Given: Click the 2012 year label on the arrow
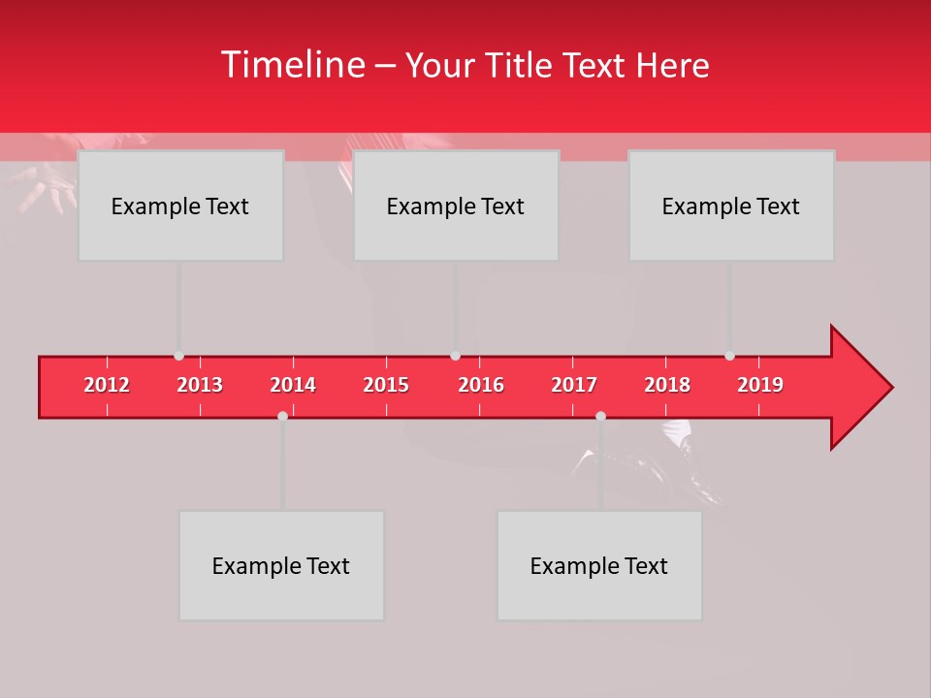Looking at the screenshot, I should [x=107, y=385].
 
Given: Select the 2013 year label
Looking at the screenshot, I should [x=200, y=385].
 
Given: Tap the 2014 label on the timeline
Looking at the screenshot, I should [x=293, y=385].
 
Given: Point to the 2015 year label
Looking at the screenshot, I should [x=386, y=385].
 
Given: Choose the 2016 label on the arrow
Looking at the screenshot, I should [x=481, y=385].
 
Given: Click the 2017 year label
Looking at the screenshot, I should [x=574, y=385].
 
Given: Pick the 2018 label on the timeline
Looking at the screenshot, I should [x=667, y=385].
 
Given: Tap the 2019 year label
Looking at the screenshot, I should [x=760, y=385].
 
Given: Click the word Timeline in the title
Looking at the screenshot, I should [x=291, y=65].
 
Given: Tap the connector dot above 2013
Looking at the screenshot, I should [x=178, y=356].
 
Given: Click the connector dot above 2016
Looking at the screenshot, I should [x=455, y=356].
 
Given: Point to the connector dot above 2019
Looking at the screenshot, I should [x=729, y=356].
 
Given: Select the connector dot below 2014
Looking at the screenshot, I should [x=282, y=416].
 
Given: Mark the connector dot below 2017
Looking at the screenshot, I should [x=600, y=416].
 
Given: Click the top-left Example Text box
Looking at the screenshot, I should [x=180, y=206].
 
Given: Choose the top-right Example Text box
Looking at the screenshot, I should [x=731, y=206].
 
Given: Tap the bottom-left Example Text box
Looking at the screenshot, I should [x=281, y=565].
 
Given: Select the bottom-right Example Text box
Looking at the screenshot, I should [x=599, y=565].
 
